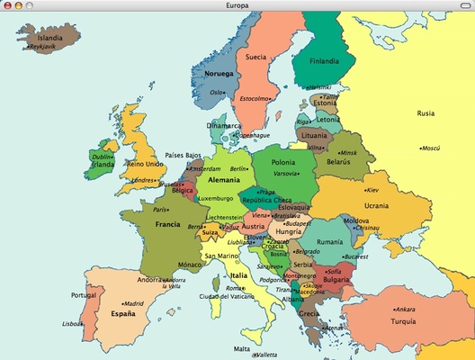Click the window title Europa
(x=237, y=4)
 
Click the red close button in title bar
(x=6, y=4)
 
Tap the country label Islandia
(x=50, y=39)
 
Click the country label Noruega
(x=219, y=73)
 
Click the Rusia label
(x=426, y=113)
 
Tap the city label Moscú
(x=431, y=148)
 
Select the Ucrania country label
(x=376, y=206)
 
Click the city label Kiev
(x=373, y=190)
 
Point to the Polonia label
(x=283, y=163)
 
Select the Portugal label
(x=84, y=295)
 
